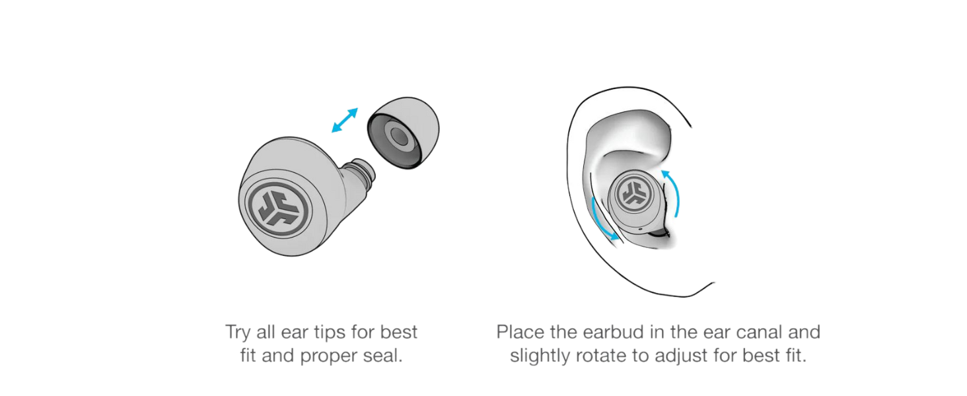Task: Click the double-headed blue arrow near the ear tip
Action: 345,120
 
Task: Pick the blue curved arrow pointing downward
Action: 604,219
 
